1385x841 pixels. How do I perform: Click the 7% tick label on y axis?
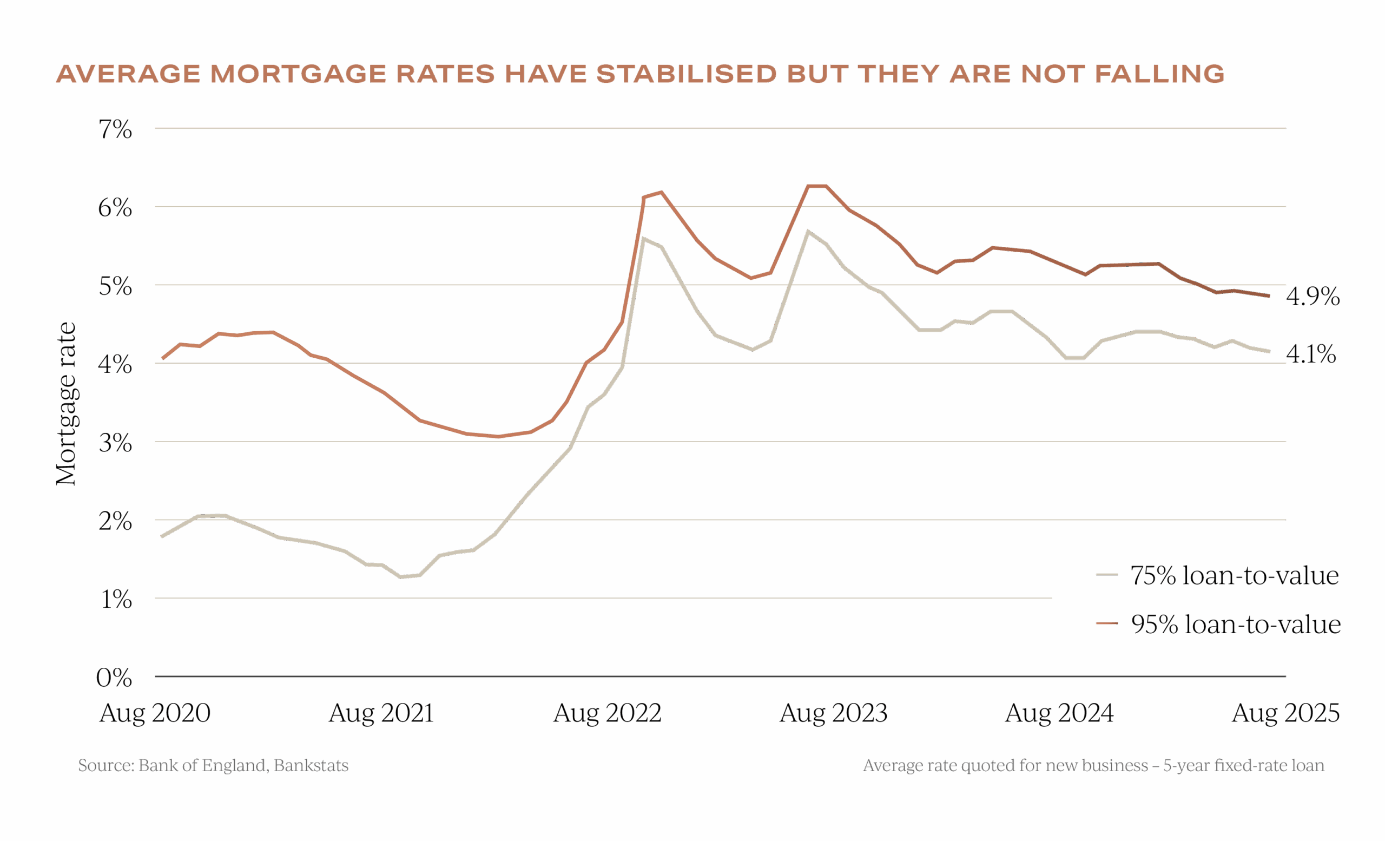[x=115, y=130]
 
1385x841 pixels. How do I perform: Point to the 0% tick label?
[x=114, y=678]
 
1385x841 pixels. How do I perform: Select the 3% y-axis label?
[x=115, y=444]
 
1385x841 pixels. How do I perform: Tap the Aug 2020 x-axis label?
[x=155, y=713]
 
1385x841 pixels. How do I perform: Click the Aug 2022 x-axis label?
[x=607, y=713]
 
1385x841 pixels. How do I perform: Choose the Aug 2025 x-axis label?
[x=1285, y=713]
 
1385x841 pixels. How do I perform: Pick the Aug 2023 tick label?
[x=833, y=713]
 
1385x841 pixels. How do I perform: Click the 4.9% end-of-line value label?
[x=1313, y=296]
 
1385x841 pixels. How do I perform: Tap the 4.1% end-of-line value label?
[x=1310, y=354]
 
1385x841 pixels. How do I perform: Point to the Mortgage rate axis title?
[x=67, y=404]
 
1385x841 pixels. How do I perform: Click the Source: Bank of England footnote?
[x=213, y=766]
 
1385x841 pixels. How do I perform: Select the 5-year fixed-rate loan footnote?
[x=1094, y=766]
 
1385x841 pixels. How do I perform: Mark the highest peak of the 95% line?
[x=817, y=186]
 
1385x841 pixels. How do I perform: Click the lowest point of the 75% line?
[x=401, y=577]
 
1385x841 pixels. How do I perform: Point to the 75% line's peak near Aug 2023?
[x=808, y=231]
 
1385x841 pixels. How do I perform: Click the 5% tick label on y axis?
[x=115, y=287]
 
